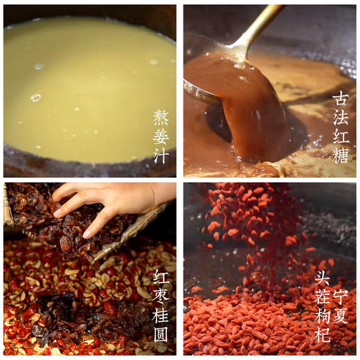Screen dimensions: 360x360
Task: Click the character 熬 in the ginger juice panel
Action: click(161, 117)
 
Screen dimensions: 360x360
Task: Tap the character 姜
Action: click(161, 136)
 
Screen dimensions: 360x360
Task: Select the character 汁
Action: click(161, 154)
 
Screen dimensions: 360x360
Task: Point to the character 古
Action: click(340, 98)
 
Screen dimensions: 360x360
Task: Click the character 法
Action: click(340, 117)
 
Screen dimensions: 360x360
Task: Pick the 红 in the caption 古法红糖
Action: click(340, 136)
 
